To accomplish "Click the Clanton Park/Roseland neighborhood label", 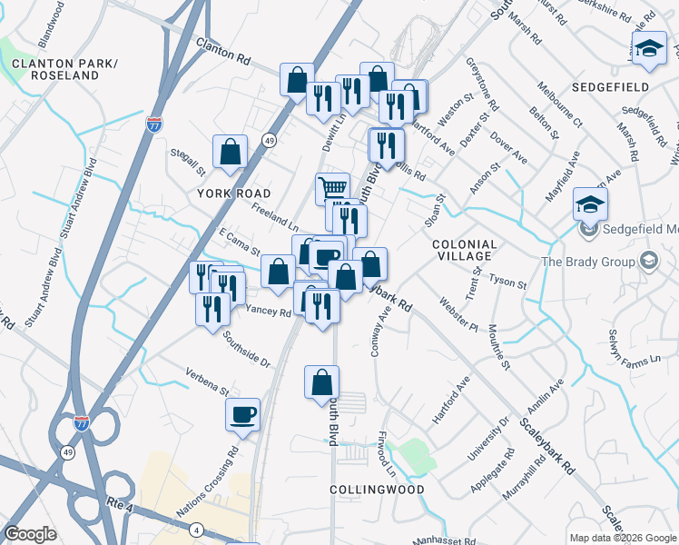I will (x=64, y=69).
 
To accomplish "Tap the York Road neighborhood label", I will (x=235, y=194).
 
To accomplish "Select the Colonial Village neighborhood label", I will (x=464, y=251).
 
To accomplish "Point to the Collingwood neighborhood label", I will (x=377, y=489).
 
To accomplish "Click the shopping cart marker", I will (x=333, y=188).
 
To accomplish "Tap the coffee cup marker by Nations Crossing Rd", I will (x=242, y=414).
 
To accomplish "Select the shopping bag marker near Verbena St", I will (x=321, y=381).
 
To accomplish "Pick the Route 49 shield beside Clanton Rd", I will (x=269, y=140).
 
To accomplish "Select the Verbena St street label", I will (x=207, y=381).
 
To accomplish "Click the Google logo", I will (x=31, y=534).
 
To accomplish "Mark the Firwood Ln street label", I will (x=389, y=454).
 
